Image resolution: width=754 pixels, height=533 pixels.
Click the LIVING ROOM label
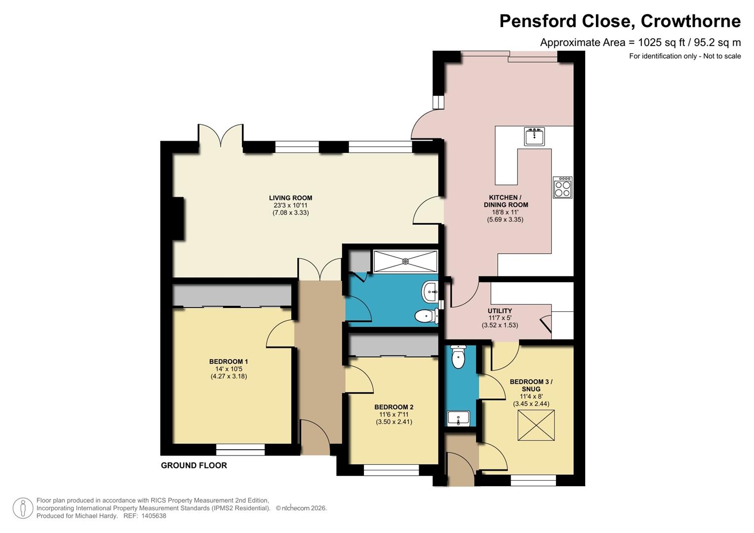pyautogui.click(x=290, y=198)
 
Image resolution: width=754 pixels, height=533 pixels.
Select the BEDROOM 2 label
pyautogui.click(x=394, y=407)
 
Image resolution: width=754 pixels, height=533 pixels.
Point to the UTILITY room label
pyautogui.click(x=500, y=311)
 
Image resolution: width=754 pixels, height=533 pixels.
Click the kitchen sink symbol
pyautogui.click(x=534, y=136)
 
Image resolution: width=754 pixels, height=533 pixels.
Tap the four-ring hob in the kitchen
pyautogui.click(x=562, y=188)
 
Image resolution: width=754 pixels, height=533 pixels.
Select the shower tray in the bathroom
pyautogui.click(x=405, y=261)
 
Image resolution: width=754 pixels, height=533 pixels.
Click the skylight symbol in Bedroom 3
pyautogui.click(x=536, y=426)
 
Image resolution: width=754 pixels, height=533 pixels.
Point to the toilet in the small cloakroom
pyautogui.click(x=458, y=357)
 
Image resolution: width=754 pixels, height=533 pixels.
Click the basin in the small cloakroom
pyautogui.click(x=458, y=419)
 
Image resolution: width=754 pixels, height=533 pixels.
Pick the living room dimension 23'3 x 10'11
pyautogui.click(x=290, y=205)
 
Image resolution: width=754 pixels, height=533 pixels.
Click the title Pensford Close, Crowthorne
pyautogui.click(x=620, y=21)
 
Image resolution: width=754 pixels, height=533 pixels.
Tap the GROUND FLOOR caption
pyautogui.click(x=194, y=465)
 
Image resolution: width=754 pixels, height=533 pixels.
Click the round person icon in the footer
pyautogui.click(x=23, y=508)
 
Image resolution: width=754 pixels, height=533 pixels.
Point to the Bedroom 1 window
pyautogui.click(x=240, y=450)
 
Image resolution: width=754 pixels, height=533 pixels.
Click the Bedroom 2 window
pyautogui.click(x=391, y=470)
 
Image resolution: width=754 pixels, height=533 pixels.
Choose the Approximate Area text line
pyautogui.click(x=640, y=42)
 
